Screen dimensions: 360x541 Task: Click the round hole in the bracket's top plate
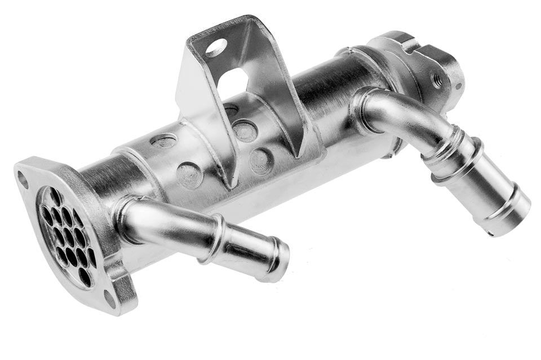click(x=216, y=48)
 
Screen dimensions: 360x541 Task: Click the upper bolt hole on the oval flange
click(x=23, y=179)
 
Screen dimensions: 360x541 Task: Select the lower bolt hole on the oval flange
click(x=110, y=299)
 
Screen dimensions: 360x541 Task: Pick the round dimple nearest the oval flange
click(x=164, y=141)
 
